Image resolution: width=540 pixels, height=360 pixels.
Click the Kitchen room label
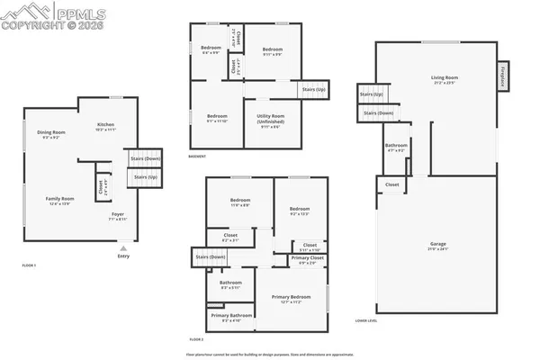105,124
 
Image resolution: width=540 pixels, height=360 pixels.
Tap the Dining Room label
50,134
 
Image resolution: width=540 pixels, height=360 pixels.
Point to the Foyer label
118,215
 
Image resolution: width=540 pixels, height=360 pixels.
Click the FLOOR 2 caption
197,339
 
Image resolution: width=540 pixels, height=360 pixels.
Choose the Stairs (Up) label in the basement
313,90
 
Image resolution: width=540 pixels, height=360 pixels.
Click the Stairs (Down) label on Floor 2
210,258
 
